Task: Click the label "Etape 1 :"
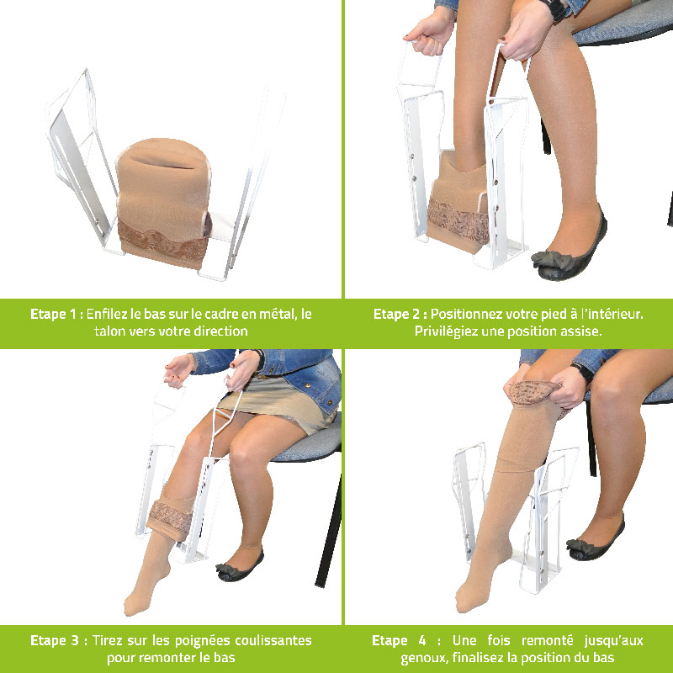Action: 56,314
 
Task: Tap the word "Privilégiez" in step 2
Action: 449,331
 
